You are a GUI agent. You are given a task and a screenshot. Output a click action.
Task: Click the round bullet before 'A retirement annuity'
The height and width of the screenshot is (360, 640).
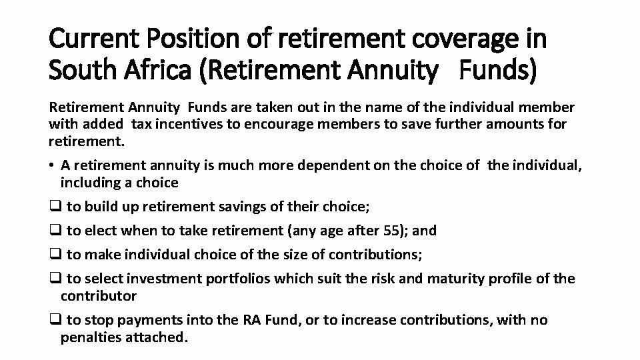click(51, 165)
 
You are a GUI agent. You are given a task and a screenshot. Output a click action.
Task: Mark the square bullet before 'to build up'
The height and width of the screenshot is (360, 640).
click(55, 207)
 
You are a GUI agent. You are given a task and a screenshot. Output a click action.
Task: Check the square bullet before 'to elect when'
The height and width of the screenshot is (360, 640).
click(55, 231)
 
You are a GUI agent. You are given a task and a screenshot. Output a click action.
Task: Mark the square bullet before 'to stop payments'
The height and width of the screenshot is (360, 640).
click(55, 321)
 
